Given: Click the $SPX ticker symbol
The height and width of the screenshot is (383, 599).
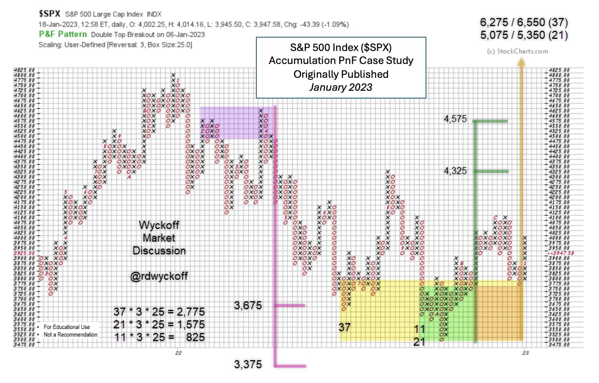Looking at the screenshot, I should click(x=50, y=14).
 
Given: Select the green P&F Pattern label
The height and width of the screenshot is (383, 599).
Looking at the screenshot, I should click(x=63, y=34).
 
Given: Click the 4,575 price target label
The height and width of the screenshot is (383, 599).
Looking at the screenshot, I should click(x=455, y=119).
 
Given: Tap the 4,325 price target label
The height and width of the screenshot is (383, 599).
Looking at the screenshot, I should click(x=455, y=171).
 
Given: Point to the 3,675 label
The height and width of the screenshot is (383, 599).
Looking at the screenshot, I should click(x=248, y=306).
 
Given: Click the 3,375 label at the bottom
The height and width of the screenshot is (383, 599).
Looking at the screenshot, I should click(x=248, y=364).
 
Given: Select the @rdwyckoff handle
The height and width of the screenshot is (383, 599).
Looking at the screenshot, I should click(x=159, y=276).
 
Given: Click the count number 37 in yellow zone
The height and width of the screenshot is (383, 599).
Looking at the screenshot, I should click(x=344, y=327).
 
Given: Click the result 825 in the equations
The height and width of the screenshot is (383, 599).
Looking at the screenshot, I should click(x=195, y=337).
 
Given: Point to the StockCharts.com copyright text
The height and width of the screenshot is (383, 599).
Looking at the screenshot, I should click(x=517, y=51).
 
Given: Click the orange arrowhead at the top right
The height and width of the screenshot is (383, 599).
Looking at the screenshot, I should click(x=521, y=63).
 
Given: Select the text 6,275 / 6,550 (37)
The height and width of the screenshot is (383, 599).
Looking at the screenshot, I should click(x=524, y=22).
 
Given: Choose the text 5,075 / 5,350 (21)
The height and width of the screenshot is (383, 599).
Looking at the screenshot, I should click(x=524, y=35).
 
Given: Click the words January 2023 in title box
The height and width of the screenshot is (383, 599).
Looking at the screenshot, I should click(x=340, y=87).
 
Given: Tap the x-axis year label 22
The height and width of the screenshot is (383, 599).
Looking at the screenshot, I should click(x=179, y=353).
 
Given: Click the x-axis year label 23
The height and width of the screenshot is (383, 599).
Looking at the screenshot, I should click(x=525, y=353).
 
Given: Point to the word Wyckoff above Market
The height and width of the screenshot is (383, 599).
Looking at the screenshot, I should click(x=159, y=225).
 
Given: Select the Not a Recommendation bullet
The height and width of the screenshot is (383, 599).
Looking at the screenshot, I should click(x=71, y=335).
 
